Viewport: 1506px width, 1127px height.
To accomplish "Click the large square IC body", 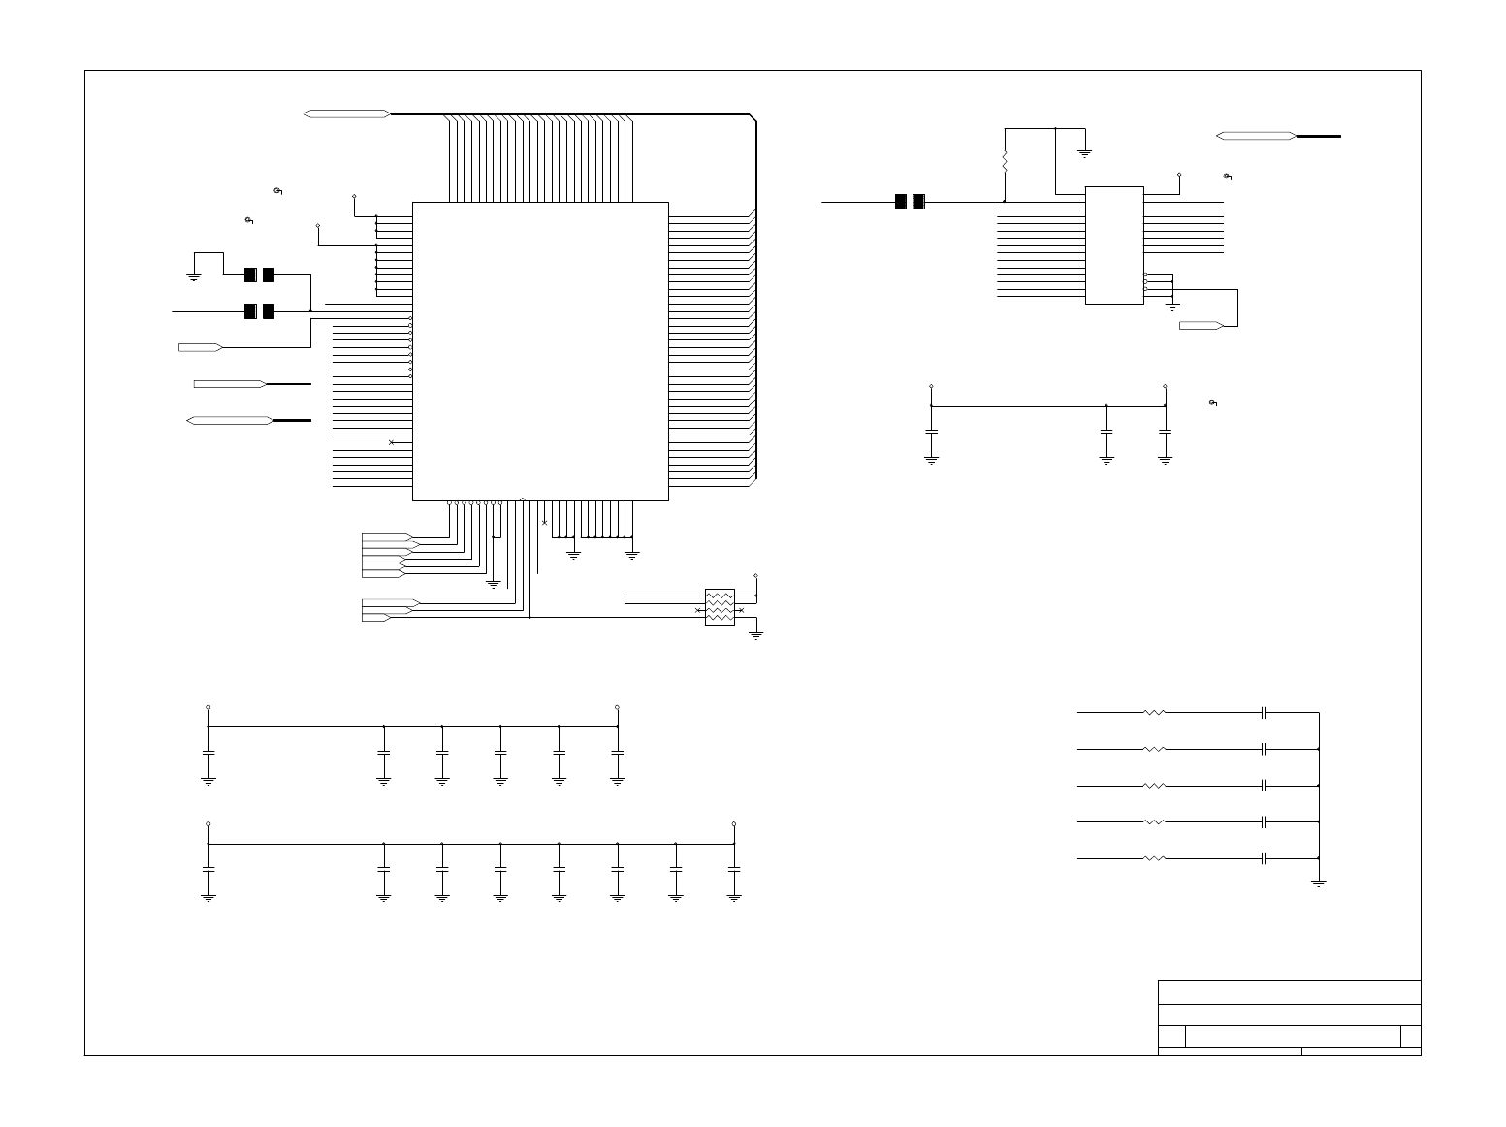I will point(540,351).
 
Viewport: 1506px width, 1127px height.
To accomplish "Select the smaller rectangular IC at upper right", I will point(1114,244).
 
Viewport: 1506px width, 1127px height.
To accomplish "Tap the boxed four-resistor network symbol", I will point(720,607).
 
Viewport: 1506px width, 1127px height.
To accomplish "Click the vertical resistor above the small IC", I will point(1005,159).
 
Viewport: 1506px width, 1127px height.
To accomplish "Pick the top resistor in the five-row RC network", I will point(1154,713).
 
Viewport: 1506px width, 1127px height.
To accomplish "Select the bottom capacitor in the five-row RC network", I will point(1264,858).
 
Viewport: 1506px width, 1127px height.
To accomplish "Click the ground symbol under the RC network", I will point(1318,882).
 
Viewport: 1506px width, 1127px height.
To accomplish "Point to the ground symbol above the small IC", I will point(1085,151).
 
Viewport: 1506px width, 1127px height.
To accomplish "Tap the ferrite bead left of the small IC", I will point(910,202).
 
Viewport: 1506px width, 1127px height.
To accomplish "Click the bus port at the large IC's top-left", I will point(347,114).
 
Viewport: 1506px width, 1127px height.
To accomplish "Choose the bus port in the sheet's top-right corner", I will point(1256,136).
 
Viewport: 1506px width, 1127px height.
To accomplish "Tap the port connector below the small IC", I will point(1201,325).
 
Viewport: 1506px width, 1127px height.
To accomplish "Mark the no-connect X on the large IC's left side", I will point(391,442).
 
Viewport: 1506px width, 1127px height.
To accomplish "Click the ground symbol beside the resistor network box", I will point(756,634).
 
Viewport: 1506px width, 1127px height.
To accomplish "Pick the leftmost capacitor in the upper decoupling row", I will point(208,753).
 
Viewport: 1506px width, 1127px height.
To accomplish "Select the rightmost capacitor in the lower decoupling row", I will point(734,870).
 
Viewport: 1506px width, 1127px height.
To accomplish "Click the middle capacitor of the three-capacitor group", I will point(1106,431).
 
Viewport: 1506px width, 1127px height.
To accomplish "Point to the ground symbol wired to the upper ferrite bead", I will point(193,276).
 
